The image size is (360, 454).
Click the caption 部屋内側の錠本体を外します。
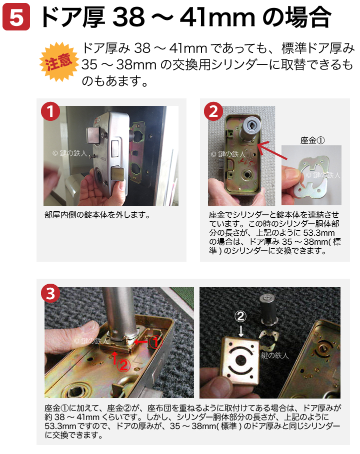[x=97, y=215]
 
